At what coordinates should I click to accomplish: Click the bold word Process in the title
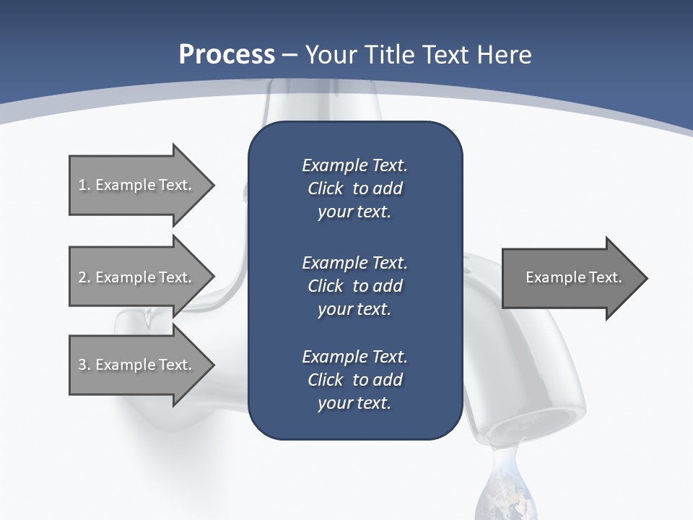[x=227, y=55]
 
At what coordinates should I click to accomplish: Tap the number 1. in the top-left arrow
[x=84, y=185]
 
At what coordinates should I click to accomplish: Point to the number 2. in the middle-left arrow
[x=84, y=277]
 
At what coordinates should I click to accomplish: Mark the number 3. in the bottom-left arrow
[x=84, y=365]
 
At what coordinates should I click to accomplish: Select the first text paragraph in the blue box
[x=354, y=188]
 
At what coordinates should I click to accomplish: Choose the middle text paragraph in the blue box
[x=354, y=286]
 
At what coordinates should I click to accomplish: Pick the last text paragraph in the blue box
[x=354, y=380]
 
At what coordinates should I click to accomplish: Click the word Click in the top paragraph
[x=326, y=188]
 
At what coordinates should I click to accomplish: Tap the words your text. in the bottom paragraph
[x=354, y=403]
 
